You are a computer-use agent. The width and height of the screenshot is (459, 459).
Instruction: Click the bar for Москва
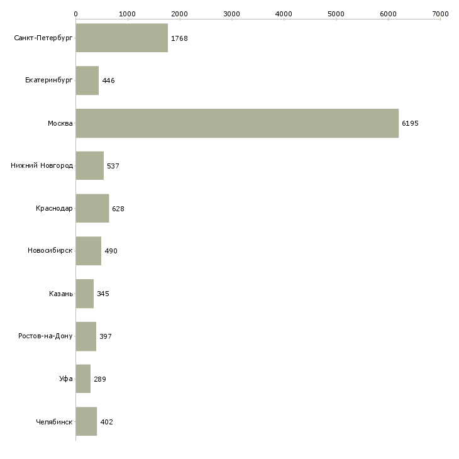[x=237, y=123]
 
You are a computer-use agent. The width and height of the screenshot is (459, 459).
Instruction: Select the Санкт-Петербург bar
[x=121, y=38]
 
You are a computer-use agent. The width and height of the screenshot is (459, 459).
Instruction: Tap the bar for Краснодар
[x=92, y=209]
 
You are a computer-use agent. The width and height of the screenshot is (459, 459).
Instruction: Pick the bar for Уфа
[x=83, y=379]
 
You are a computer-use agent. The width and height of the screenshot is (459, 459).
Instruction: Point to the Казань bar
[x=84, y=294]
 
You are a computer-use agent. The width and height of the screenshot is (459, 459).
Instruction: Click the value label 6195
[x=410, y=123]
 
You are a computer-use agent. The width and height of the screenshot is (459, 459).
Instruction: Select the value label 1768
[x=179, y=38]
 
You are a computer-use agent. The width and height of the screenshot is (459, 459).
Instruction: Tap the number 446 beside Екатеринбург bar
[x=108, y=80]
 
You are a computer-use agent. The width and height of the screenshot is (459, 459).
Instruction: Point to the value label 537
[x=113, y=166]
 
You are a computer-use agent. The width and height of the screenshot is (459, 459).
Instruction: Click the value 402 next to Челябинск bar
[x=106, y=422]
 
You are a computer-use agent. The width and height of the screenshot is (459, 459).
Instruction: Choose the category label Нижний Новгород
[x=42, y=166]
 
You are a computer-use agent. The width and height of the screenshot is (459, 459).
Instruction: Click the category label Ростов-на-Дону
[x=46, y=336]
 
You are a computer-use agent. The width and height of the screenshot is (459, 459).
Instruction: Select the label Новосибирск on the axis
[x=50, y=251]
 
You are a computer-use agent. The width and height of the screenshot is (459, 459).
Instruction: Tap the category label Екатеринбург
[x=49, y=80]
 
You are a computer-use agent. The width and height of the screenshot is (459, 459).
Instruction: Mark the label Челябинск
[x=54, y=422]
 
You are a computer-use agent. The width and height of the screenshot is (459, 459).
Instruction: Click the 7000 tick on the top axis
[x=440, y=13]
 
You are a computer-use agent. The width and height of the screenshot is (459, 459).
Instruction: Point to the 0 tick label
[x=75, y=13]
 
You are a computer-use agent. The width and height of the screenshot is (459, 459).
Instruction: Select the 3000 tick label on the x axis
[x=231, y=13]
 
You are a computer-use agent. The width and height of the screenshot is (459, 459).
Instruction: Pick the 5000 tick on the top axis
[x=336, y=13]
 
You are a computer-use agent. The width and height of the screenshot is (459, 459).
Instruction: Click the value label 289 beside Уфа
[x=100, y=379]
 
